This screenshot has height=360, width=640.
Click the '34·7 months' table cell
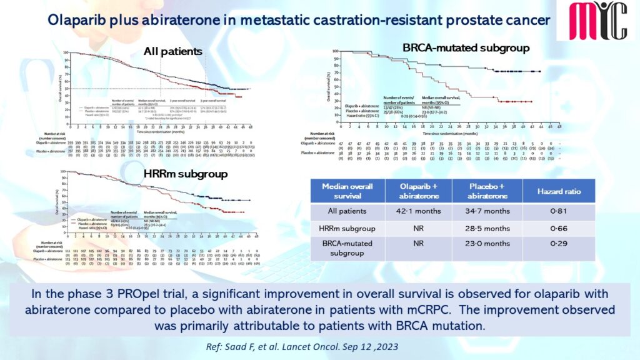(x=489, y=212)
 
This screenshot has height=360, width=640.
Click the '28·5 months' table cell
(x=489, y=229)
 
